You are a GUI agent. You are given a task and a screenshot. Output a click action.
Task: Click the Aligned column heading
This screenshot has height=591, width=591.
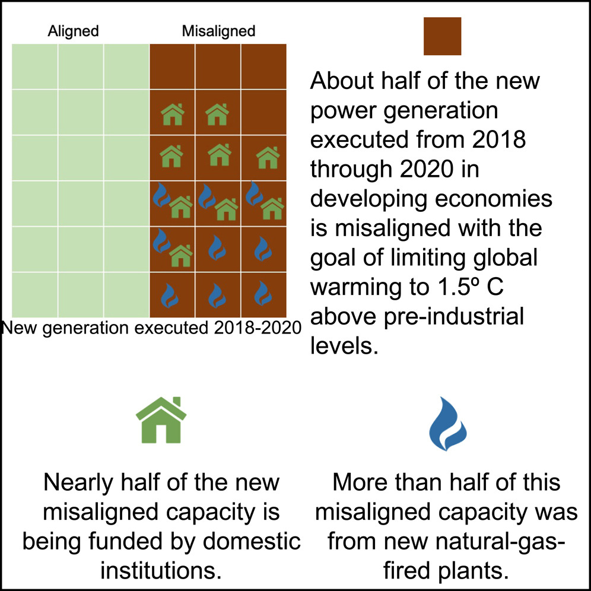point(73,31)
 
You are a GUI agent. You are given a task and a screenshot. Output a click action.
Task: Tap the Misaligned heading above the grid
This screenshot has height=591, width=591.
point(218,31)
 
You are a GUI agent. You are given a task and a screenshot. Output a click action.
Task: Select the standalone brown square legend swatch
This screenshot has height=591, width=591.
point(442,36)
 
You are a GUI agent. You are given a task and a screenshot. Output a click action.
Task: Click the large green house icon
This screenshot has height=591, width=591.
point(161,420)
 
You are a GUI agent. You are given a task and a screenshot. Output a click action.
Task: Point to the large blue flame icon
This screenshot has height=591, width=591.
point(448,424)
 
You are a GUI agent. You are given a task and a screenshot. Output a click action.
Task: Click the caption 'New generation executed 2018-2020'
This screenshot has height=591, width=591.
point(151,328)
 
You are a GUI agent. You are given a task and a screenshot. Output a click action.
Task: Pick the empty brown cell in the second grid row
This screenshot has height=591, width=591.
point(263,112)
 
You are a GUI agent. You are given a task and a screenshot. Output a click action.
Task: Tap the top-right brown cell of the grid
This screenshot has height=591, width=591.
point(263,66)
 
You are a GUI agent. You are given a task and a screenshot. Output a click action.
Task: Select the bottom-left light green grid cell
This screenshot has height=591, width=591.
point(34,295)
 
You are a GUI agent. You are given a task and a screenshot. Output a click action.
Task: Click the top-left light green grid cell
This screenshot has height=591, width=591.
point(34,66)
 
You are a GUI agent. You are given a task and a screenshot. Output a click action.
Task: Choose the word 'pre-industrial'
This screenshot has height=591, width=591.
point(454,317)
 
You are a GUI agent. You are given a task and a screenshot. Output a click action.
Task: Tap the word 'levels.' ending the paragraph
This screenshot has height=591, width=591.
point(344,345)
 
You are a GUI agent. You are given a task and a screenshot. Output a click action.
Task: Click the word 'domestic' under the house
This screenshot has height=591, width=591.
point(252,542)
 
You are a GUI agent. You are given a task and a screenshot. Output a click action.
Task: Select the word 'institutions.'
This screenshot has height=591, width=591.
point(161,571)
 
